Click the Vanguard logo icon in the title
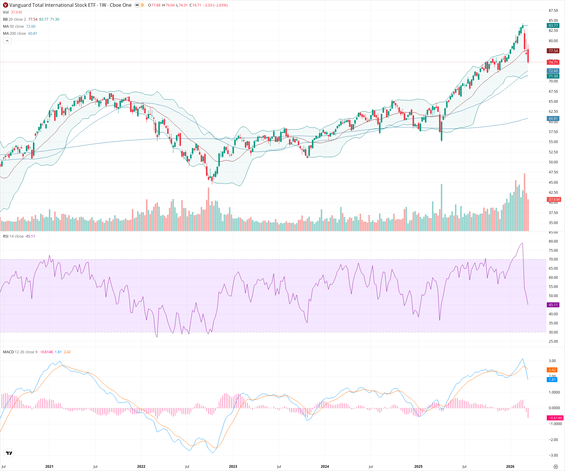click(x=5, y=5)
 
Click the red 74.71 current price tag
click(x=553, y=62)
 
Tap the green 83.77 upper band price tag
click(x=553, y=26)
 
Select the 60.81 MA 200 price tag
click(x=553, y=119)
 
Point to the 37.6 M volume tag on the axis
click(x=554, y=200)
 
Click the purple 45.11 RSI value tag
click(x=553, y=305)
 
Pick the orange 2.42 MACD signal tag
click(x=552, y=370)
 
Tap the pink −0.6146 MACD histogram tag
click(x=555, y=418)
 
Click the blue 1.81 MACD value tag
click(x=552, y=380)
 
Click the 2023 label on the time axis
click(x=233, y=467)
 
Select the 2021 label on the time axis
click(x=49, y=467)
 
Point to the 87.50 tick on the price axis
click(x=553, y=11)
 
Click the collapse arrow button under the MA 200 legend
click(x=7, y=41)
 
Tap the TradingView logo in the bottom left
click(x=9, y=453)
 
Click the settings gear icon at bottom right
click(x=556, y=467)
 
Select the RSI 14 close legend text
click(x=13, y=236)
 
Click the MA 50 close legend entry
click(x=13, y=26)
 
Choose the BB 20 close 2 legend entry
click(x=14, y=19)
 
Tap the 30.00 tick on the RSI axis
click(x=553, y=332)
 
